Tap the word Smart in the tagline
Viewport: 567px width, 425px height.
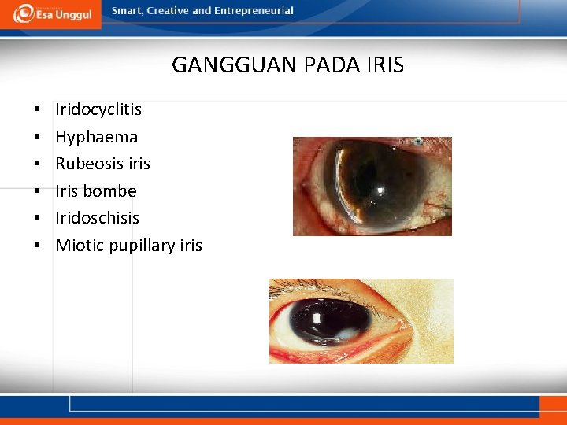127,11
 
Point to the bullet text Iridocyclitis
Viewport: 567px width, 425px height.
98,109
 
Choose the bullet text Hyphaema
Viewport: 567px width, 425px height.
96,137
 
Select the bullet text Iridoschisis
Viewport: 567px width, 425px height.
97,218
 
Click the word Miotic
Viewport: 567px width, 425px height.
80,246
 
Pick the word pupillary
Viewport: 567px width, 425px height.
142,246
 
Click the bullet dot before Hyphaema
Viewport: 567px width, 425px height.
37,138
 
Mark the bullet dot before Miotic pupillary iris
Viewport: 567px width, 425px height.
37,246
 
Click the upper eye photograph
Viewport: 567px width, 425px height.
372,186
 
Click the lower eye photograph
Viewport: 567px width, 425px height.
361,320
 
